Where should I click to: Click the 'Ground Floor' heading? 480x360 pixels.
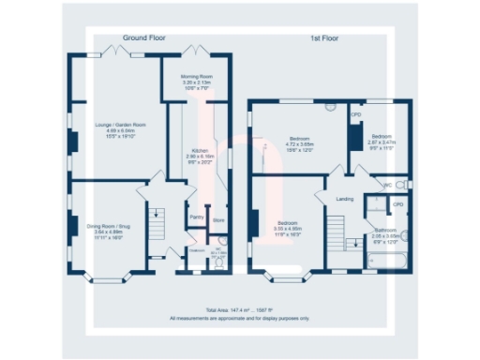click(x=145, y=38)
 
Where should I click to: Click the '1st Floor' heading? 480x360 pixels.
click(x=326, y=38)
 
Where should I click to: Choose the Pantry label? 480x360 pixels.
click(x=197, y=217)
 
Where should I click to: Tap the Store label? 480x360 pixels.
click(x=217, y=221)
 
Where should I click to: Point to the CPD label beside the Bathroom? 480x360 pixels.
click(x=397, y=203)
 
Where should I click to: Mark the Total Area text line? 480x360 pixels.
click(x=239, y=309)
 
